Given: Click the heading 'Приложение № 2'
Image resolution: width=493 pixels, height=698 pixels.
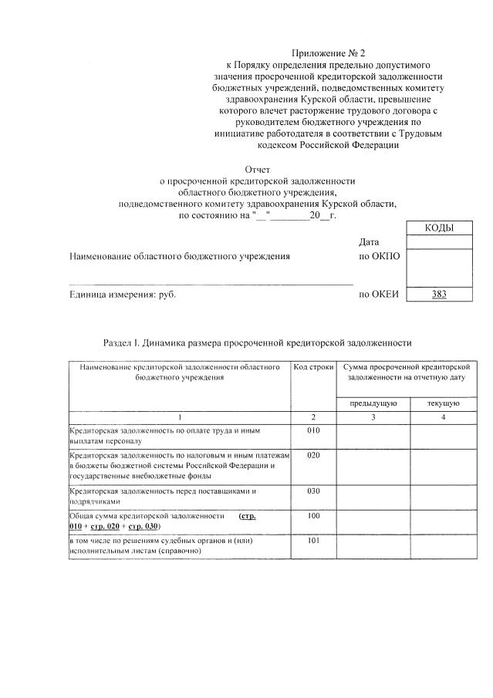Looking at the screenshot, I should (x=327, y=52).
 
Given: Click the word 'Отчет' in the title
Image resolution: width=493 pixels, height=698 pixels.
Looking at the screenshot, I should (x=258, y=168).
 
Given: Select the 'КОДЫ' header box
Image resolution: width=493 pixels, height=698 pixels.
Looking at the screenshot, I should (x=438, y=228).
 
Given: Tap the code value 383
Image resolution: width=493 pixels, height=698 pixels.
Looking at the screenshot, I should (x=438, y=294).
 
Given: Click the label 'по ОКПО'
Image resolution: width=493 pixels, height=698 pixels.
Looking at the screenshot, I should (x=380, y=256).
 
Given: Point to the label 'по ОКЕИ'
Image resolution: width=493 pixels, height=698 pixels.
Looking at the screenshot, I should (x=379, y=294).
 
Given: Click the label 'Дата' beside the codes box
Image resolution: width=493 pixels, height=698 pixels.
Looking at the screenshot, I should (x=369, y=242).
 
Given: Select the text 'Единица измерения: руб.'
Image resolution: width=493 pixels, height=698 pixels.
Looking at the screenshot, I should (x=118, y=294).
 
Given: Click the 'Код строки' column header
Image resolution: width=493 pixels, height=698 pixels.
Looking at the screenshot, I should (x=312, y=369).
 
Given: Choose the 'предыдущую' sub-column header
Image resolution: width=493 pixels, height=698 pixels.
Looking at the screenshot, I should (x=373, y=403).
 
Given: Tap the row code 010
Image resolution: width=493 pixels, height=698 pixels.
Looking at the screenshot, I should (x=312, y=430).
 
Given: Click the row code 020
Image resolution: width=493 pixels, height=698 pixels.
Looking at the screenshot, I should (x=312, y=456).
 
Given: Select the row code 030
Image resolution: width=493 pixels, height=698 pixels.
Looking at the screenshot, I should (x=312, y=491).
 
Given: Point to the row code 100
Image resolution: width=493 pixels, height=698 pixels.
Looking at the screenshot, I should (x=312, y=515).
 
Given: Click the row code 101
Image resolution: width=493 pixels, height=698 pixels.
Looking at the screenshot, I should (x=312, y=541).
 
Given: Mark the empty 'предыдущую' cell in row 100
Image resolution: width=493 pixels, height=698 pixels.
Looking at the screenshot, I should (x=373, y=521).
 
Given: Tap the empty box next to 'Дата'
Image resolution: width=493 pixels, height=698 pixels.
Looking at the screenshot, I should (x=438, y=242).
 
